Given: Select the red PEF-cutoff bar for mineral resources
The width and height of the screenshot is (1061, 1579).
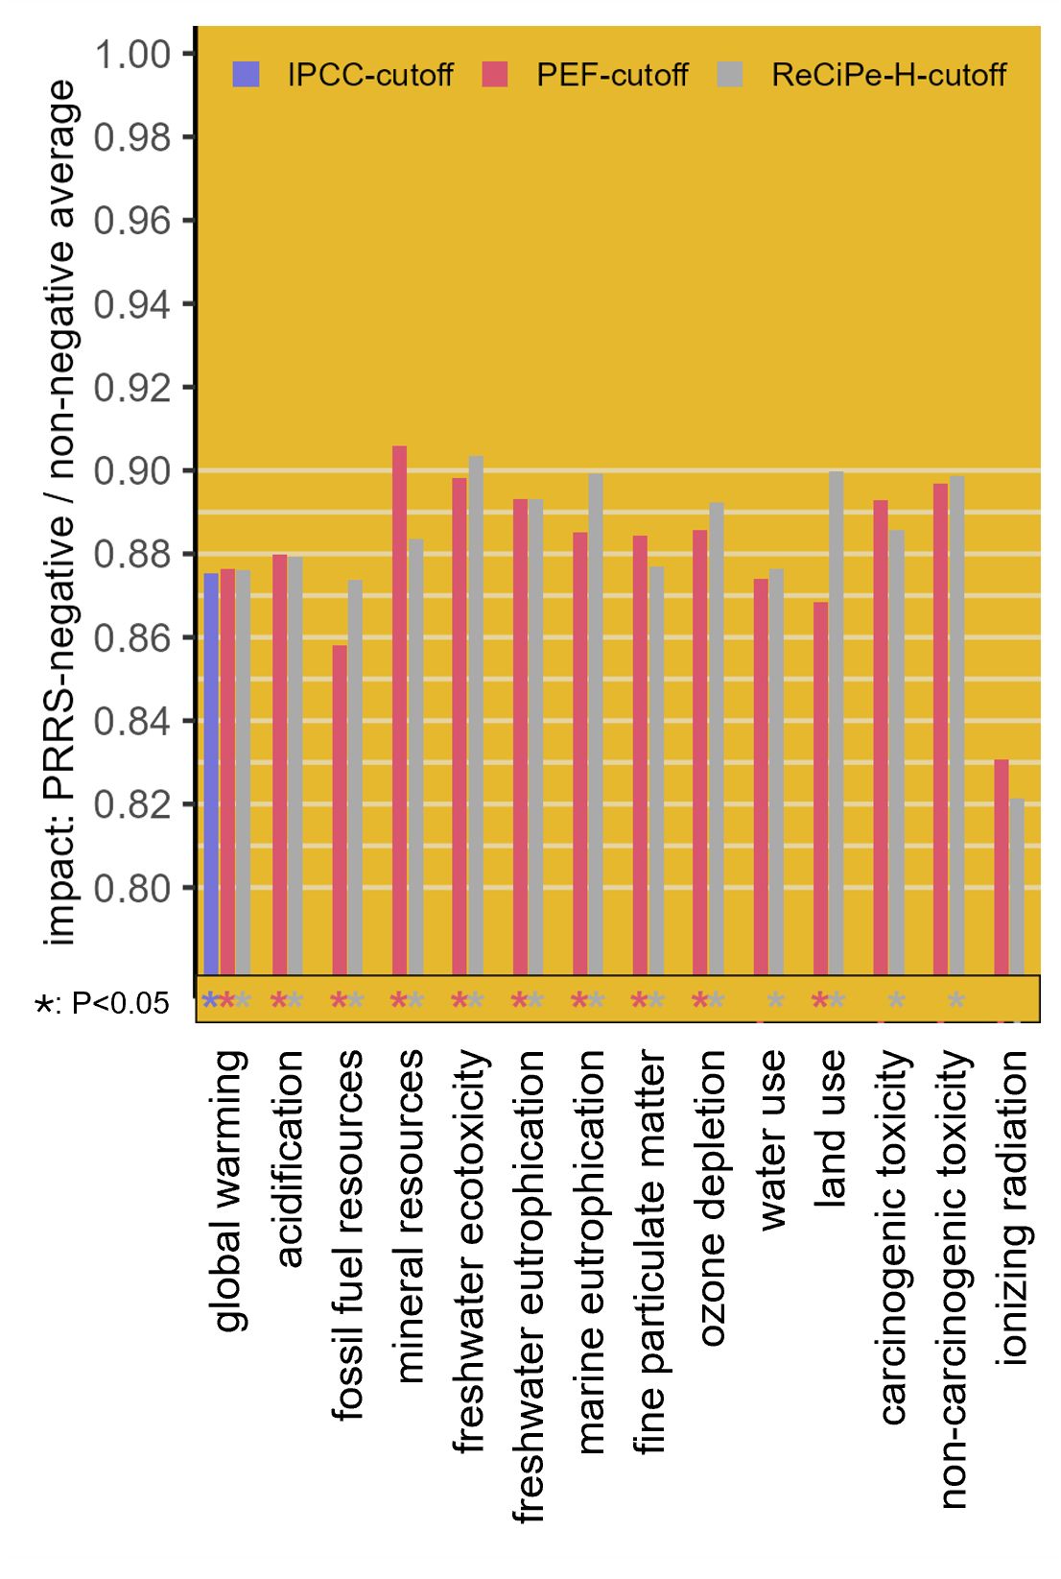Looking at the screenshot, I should click(x=399, y=710).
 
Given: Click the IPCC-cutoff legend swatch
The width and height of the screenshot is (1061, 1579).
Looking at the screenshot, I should click(x=246, y=74).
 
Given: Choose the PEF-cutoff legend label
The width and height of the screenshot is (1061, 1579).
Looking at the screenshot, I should click(x=612, y=75).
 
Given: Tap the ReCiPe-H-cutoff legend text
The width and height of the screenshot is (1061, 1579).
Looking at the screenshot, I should click(x=888, y=75).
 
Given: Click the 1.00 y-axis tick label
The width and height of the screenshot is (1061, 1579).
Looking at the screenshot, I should click(x=132, y=54).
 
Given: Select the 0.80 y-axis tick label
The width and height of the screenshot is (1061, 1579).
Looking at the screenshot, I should click(x=132, y=888).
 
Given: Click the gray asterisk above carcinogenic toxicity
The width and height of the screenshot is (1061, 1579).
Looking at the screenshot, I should click(x=896, y=1002).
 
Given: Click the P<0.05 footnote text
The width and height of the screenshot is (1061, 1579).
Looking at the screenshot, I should click(x=102, y=1004).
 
